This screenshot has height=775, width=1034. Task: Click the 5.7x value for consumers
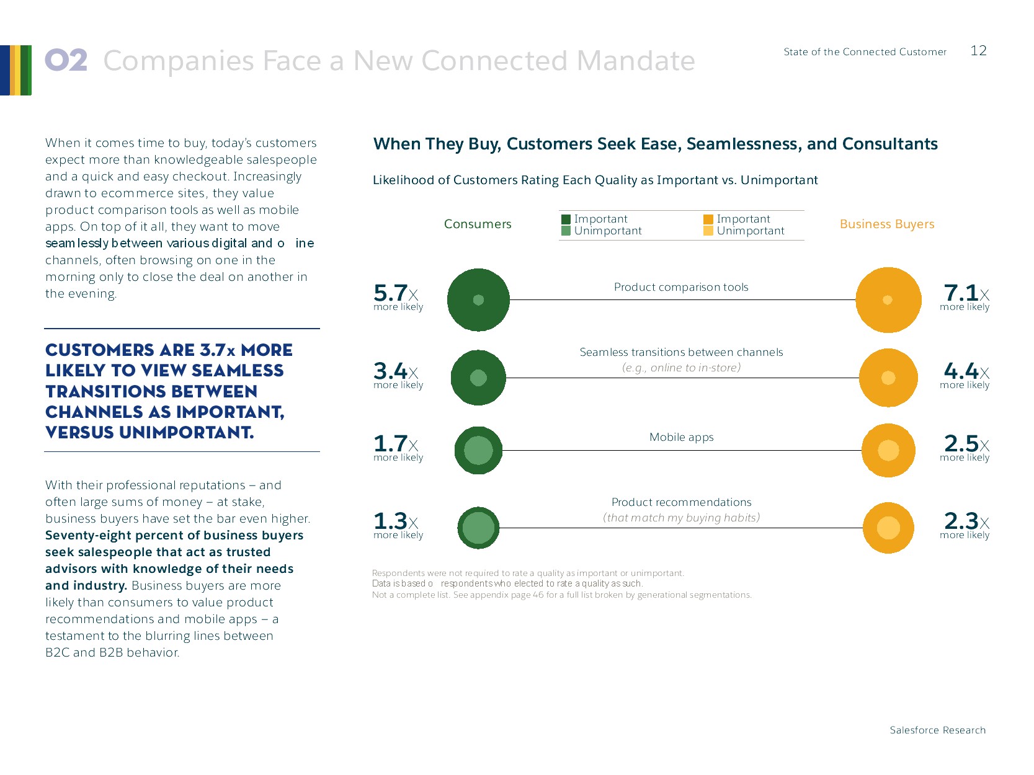pyautogui.click(x=396, y=293)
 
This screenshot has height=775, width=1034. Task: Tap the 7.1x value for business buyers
pyautogui.click(x=966, y=293)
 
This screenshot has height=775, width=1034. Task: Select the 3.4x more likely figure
pyautogui.click(x=396, y=371)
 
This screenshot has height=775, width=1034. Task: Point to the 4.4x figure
pyautogui.click(x=966, y=371)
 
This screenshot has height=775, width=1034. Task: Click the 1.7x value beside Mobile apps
pyautogui.click(x=396, y=444)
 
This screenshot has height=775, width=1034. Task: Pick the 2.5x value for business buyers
pyautogui.click(x=966, y=444)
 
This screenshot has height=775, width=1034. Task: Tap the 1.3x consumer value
pyautogui.click(x=396, y=521)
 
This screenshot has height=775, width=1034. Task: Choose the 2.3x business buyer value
pyautogui.click(x=966, y=521)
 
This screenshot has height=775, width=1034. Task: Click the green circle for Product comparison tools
pyautogui.click(x=478, y=300)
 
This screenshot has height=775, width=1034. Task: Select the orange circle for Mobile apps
pyautogui.click(x=888, y=450)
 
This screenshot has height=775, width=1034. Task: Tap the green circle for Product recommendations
pyautogui.click(x=478, y=528)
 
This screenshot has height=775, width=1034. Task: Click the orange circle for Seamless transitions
pyautogui.click(x=888, y=378)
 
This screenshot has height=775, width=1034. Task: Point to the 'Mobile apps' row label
pyautogui.click(x=681, y=437)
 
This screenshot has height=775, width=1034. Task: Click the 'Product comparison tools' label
pyautogui.click(x=681, y=287)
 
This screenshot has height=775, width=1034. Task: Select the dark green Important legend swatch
pyautogui.click(x=566, y=219)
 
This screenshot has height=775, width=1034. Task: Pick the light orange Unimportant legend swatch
pyautogui.click(x=708, y=231)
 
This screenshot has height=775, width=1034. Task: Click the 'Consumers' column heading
pyautogui.click(x=478, y=224)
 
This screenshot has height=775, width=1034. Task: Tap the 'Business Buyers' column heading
pyautogui.click(x=887, y=224)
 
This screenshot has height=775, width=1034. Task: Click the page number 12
pyautogui.click(x=978, y=51)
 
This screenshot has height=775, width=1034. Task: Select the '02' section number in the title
pyautogui.click(x=66, y=61)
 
